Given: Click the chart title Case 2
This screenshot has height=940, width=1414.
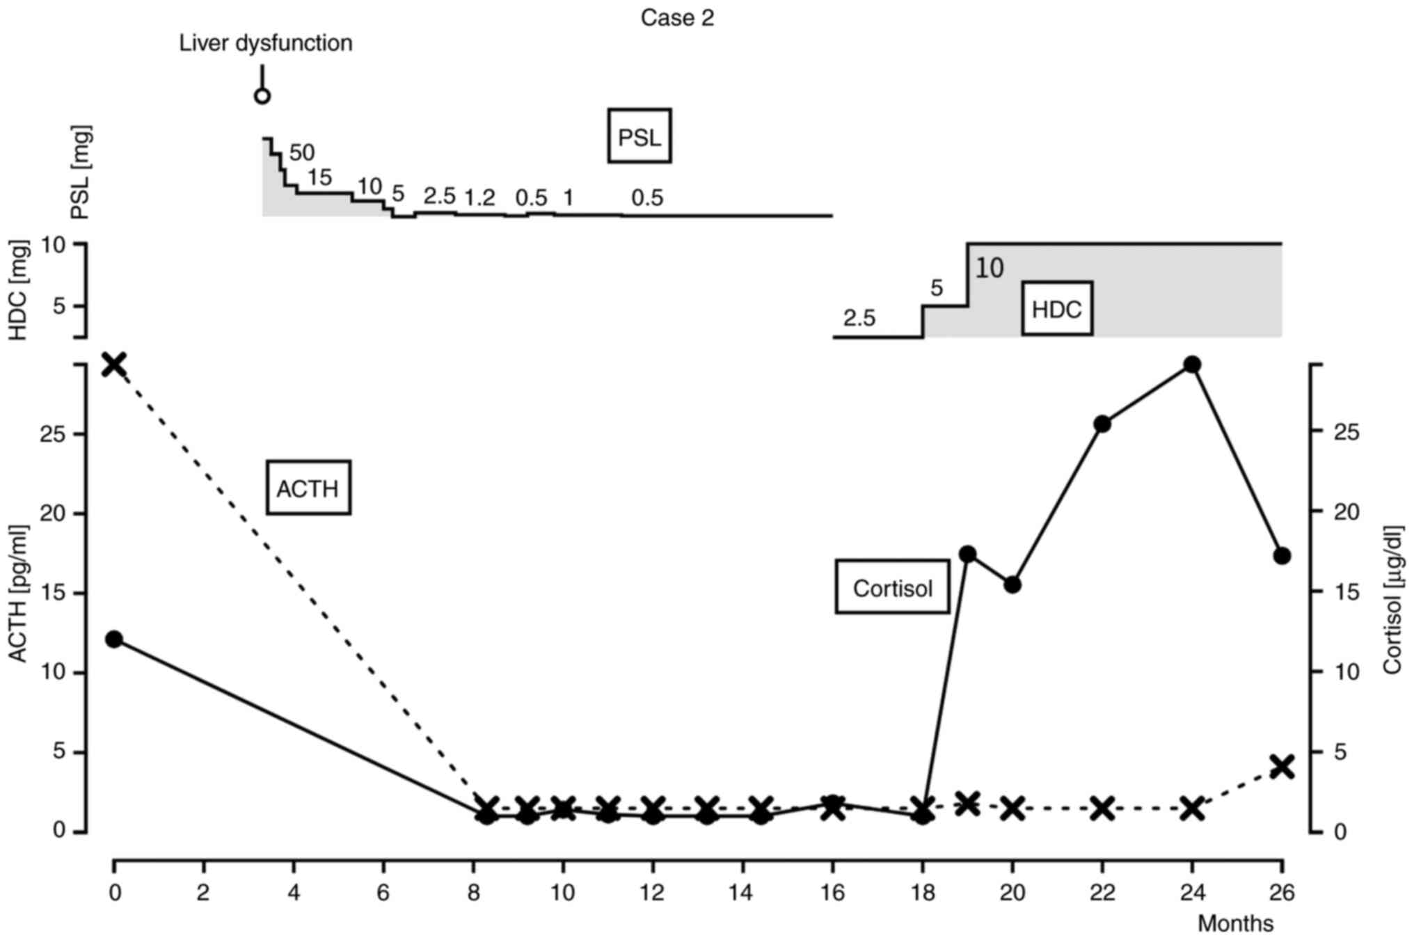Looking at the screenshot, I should coord(676,18).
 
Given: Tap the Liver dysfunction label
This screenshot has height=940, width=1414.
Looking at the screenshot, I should coord(266,43).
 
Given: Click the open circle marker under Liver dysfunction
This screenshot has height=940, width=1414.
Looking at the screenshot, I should coord(262,96).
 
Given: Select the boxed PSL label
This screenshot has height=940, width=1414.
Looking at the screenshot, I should coord(640,136).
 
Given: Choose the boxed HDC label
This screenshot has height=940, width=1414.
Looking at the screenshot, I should coord(1056,309).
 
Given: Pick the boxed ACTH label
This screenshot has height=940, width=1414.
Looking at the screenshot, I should coord(308,488).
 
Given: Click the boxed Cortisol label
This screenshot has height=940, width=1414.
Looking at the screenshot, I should coord(892,587).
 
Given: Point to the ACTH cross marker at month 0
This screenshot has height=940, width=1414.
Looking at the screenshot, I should coord(114,364).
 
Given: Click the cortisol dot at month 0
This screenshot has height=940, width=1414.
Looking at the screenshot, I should coord(114,639).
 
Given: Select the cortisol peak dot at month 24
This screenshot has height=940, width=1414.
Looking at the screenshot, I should coord(1192,365).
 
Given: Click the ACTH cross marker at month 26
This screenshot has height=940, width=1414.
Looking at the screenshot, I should coord(1282,767).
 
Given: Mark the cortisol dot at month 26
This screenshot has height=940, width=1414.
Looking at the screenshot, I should coord(1282,555).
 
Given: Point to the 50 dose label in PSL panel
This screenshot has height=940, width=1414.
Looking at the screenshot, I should coord(302,152).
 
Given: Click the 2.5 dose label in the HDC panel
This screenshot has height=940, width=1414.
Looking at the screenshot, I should coord(859,318).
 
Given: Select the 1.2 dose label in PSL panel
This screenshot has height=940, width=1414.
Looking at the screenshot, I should coord(479,198).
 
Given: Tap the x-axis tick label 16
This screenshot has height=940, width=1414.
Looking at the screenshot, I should coord(832,892).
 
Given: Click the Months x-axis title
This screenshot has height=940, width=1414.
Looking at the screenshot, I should coord(1235,923).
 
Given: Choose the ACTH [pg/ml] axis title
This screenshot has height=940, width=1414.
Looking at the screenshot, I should coord(19,594).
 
